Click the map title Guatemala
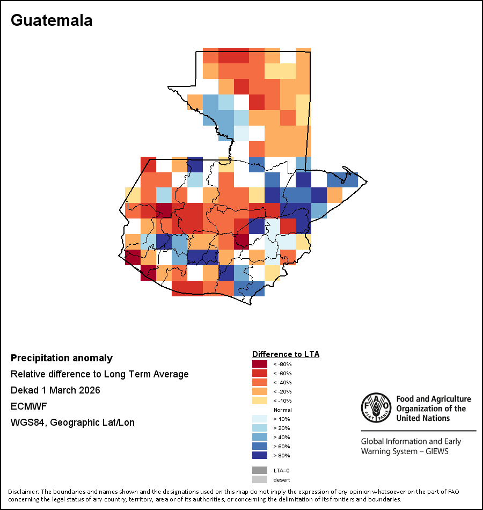(52, 20)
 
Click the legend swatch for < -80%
(260, 364)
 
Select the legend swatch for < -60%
(260, 373)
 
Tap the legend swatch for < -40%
(260, 382)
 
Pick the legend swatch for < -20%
(260, 391)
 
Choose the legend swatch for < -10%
(260, 400)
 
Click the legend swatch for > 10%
(260, 419)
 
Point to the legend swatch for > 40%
(260, 437)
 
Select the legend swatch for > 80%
(260, 455)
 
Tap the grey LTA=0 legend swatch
(260, 470)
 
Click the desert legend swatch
(260, 479)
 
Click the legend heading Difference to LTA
(286, 354)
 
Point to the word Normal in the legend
(282, 410)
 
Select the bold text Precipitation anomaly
(62, 358)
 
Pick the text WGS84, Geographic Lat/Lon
(72, 422)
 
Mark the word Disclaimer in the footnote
(23, 492)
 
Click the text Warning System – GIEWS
(405, 451)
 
